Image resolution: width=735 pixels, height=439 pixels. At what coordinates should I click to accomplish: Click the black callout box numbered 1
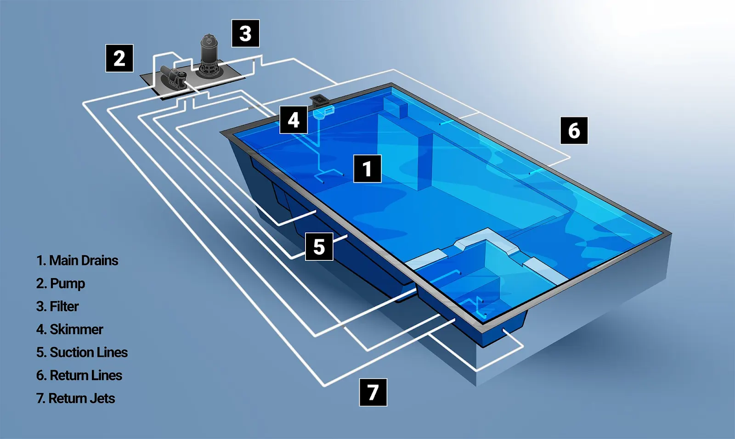point(367,169)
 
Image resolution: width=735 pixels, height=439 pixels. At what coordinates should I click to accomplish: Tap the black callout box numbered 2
point(119,58)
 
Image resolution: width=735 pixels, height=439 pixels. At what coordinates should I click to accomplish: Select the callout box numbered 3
point(245,34)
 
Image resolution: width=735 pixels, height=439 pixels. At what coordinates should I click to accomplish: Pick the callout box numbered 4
point(294,120)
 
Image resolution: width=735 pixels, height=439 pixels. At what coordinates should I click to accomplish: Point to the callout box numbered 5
point(319,247)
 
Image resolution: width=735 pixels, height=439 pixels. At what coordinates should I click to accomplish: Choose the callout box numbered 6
point(574,130)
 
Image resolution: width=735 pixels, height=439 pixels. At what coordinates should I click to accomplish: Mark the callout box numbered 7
point(373,392)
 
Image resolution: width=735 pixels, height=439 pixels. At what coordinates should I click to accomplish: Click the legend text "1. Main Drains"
point(77,260)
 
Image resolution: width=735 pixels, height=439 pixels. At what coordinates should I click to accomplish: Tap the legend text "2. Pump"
point(61,283)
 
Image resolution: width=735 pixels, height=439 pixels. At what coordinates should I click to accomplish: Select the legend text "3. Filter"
point(57,306)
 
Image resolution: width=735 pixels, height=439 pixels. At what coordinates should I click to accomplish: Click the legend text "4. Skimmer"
point(70,329)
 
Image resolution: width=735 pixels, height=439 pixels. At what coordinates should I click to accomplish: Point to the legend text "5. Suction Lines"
point(82,352)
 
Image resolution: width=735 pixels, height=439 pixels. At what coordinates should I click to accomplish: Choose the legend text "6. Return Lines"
point(79,375)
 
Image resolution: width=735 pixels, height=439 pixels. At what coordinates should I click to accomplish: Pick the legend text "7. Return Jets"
point(75,398)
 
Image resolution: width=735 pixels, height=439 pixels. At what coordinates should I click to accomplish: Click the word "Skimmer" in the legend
point(76,329)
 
